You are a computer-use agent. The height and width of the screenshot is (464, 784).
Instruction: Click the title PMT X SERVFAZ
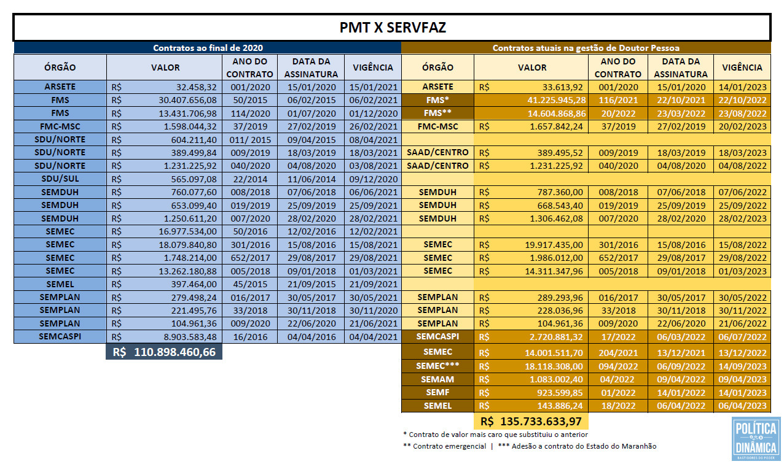[393, 28]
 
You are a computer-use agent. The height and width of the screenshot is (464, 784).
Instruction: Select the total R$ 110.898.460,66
[164, 352]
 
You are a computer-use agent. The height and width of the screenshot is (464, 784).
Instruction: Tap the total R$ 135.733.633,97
[531, 421]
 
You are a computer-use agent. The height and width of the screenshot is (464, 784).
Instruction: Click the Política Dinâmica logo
[756, 438]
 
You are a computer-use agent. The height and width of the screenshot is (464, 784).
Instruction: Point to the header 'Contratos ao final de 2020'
[208, 48]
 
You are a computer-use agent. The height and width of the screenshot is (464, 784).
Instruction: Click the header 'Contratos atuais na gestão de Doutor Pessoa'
[586, 48]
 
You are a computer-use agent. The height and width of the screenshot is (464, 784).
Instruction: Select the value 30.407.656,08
[187, 101]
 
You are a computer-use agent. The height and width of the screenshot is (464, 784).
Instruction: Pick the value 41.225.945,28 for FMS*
[557, 101]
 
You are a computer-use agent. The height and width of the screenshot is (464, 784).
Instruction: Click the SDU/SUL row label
[60, 179]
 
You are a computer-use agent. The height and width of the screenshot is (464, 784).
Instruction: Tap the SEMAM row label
[437, 379]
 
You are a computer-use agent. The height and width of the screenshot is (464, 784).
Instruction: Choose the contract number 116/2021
[618, 101]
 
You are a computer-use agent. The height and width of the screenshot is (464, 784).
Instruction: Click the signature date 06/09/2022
[681, 366]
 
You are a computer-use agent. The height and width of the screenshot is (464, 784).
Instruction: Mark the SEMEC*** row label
[437, 366]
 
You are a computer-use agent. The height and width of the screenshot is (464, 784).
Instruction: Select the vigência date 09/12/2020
[374, 179]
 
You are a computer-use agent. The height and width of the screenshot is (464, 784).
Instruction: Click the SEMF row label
[437, 392]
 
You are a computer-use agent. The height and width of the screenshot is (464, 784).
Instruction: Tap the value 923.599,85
[560, 393]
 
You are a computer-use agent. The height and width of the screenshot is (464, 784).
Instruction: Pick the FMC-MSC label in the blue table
[60, 126]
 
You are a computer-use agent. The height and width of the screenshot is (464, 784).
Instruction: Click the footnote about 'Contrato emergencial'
[444, 446]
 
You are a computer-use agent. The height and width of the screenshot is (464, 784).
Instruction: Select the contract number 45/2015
[250, 284]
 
